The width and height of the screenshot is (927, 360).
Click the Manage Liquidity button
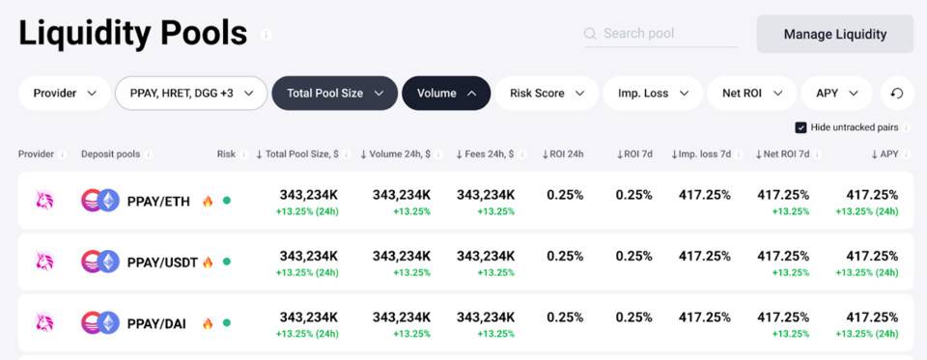tap(834, 34)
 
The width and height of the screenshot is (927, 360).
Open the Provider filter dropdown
tap(65, 94)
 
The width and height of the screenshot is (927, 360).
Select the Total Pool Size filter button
tap(334, 94)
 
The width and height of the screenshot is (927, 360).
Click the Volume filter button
tap(445, 94)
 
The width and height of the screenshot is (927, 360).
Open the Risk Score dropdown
tap(547, 94)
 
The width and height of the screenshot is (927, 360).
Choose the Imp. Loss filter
tap(652, 94)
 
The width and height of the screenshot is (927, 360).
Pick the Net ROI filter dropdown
tap(751, 94)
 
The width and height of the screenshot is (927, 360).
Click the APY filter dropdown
tap(836, 94)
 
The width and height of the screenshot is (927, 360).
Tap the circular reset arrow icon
tap(897, 94)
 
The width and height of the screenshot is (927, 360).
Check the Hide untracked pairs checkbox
tap(801, 127)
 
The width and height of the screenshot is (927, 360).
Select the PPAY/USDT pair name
tap(163, 262)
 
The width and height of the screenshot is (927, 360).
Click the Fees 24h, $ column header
tap(485, 153)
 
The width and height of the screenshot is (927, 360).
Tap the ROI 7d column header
tap(634, 153)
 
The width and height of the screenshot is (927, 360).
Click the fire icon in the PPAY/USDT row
tap(208, 262)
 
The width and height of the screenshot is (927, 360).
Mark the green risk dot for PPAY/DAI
tap(226, 322)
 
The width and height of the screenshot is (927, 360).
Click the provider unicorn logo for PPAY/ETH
tap(44, 201)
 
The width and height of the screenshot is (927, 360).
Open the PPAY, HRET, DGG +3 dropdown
tap(191, 94)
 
